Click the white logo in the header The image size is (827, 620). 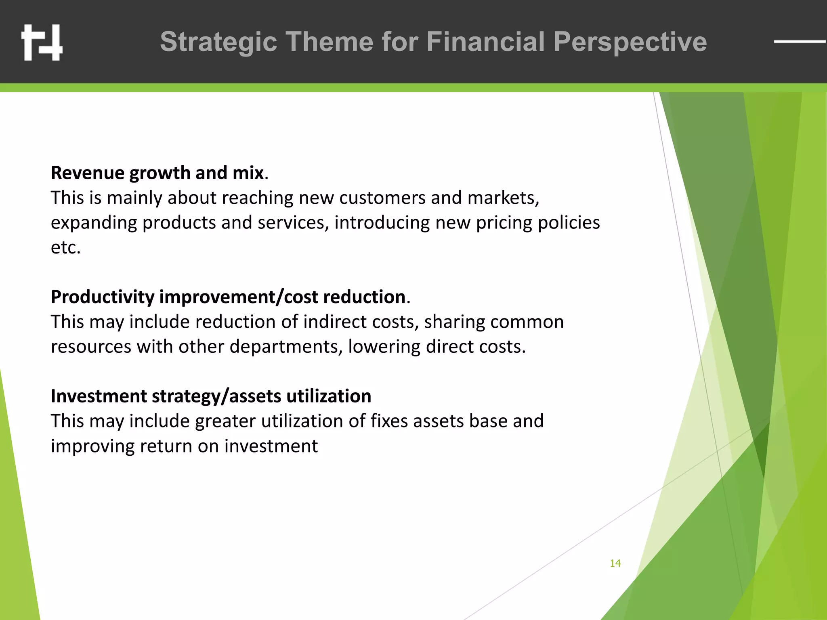pyautogui.click(x=42, y=42)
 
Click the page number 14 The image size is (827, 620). pyautogui.click(x=615, y=563)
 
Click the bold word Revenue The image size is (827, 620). pyautogui.click(x=87, y=173)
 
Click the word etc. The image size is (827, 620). pyautogui.click(x=65, y=247)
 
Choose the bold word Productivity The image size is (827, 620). pyautogui.click(x=102, y=297)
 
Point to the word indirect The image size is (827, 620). pyautogui.click(x=334, y=322)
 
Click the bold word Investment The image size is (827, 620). pyautogui.click(x=99, y=396)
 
